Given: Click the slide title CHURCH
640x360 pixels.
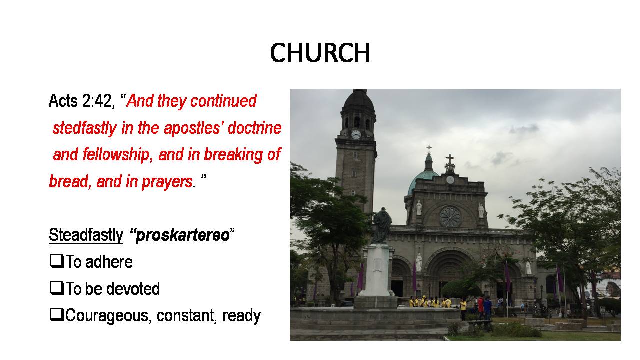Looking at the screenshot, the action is (320, 53).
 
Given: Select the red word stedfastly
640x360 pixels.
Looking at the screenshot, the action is (85, 128).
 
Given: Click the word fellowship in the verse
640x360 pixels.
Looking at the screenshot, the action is (116, 155).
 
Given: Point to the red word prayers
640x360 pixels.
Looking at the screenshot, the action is (167, 182).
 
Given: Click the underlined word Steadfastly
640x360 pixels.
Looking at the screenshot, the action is (86, 235).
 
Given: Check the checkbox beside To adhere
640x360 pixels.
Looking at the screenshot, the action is (57, 261).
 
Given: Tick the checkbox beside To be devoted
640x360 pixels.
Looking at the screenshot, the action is (57, 287).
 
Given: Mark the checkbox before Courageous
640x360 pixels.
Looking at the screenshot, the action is (57, 314).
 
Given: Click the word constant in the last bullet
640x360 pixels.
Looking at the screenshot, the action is (185, 315).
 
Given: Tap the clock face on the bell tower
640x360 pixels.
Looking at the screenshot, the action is (356, 134).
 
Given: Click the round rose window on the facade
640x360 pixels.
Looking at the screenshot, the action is (450, 217).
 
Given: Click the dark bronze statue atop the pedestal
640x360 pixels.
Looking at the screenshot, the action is (382, 225).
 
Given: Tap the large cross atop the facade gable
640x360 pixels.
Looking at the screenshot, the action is (450, 163).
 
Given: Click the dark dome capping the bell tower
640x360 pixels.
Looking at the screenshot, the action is (358, 101).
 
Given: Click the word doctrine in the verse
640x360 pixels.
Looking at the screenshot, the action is (255, 128).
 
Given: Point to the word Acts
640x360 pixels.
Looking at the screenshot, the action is (63, 101).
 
